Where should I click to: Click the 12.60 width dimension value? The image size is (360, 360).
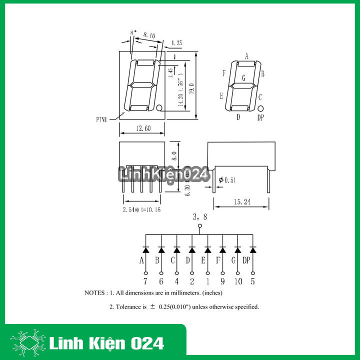[142, 129]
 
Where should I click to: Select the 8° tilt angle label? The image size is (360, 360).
[132, 33]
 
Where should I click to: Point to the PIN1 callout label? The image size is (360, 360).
[102, 119]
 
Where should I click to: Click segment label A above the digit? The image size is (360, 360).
[246, 55]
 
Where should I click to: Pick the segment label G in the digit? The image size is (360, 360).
[243, 78]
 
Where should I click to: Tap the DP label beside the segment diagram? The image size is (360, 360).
[260, 117]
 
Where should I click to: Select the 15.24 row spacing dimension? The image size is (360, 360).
[242, 202]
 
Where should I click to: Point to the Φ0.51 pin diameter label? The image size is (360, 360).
[227, 180]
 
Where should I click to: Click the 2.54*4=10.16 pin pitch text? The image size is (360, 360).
[141, 209]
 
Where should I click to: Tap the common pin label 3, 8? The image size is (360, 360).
[200, 217]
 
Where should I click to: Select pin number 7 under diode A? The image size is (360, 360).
[145, 281]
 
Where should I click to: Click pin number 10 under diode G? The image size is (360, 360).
[237, 281]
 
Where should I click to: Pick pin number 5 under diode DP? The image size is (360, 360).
[253, 281]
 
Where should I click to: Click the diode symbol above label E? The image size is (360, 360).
[207, 249]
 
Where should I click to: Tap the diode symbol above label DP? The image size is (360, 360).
[253, 249]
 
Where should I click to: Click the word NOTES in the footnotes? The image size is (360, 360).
[95, 293]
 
